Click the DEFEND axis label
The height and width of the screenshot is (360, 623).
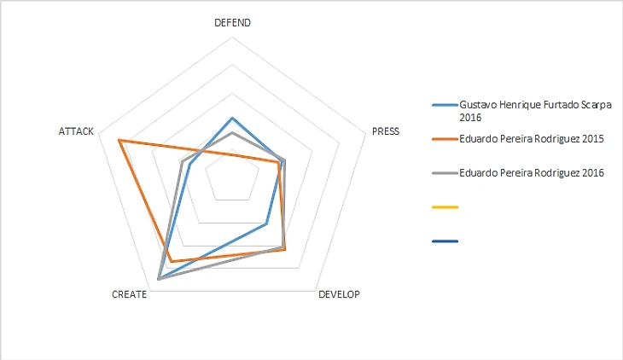232,23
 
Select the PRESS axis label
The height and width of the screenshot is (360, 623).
387,132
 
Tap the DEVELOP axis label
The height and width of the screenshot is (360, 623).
339,294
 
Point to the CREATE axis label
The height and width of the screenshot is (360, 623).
130,294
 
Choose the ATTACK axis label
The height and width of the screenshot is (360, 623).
76,131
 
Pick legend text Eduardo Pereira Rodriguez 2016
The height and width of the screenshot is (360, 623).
531,172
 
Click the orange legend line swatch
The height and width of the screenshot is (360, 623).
445,138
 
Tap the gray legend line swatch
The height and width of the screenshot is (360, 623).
445,172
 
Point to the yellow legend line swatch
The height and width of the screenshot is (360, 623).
445,206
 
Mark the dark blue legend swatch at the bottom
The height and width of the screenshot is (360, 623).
445,241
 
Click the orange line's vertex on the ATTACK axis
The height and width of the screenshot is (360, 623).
119,140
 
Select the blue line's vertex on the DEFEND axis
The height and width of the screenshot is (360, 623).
232,118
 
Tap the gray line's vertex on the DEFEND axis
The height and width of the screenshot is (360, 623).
232,134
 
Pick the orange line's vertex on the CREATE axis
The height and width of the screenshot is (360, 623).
171,260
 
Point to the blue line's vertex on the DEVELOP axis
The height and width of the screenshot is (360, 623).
266,224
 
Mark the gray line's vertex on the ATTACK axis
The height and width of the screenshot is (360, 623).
183,160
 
